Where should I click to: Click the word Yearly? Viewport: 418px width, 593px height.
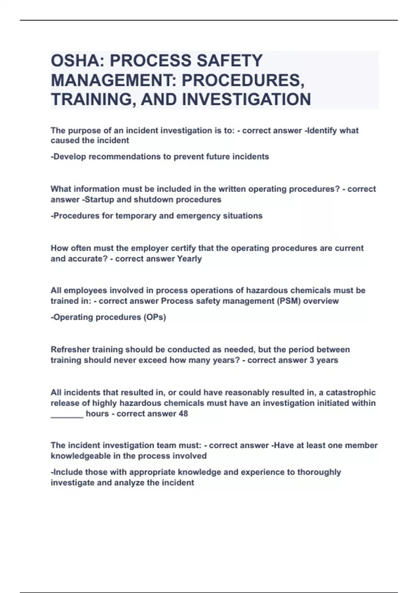tap(189, 259)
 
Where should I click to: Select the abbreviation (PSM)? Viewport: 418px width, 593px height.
tap(289, 301)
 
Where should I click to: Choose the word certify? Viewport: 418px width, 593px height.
tap(183, 248)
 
